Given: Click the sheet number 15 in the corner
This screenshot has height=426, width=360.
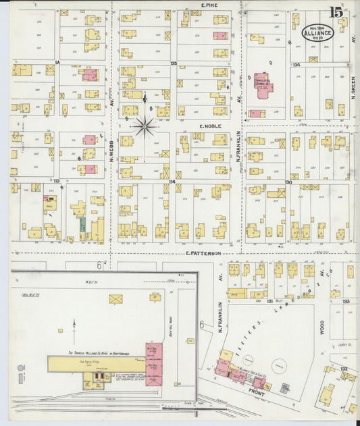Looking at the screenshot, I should click(x=336, y=11).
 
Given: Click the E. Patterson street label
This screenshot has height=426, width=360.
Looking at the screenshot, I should click(x=204, y=253).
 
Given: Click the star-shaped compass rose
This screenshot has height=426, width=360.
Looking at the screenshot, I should click(x=145, y=126).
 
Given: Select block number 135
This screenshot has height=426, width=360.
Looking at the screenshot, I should click(x=174, y=63).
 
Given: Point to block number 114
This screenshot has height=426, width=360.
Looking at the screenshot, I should click(x=173, y=182).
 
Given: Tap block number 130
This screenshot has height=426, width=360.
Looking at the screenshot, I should click(x=288, y=182).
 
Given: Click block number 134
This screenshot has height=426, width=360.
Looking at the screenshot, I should click(x=296, y=64).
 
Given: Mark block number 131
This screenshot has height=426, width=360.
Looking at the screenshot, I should click(x=269, y=301).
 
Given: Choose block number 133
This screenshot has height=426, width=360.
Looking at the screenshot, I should click(x=345, y=301).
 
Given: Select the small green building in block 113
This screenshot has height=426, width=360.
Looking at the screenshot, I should click(x=82, y=225).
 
